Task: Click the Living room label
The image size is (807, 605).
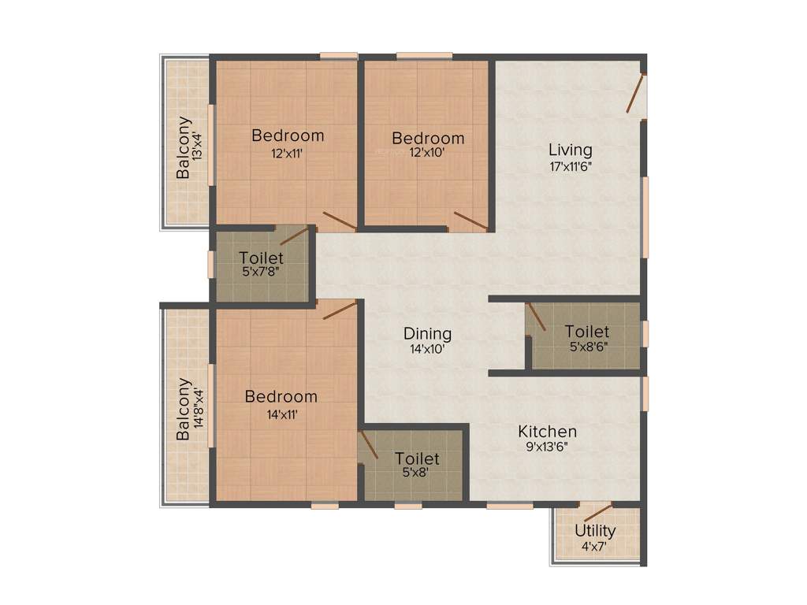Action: [570, 150]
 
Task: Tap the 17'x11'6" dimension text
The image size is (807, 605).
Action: [570, 166]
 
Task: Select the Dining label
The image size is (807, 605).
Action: [427, 333]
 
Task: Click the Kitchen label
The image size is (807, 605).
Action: [547, 432]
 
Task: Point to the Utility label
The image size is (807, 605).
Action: [595, 530]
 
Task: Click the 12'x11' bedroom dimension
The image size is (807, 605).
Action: [288, 154]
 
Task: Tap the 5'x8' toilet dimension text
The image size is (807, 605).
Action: [417, 473]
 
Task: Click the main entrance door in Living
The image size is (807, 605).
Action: [636, 93]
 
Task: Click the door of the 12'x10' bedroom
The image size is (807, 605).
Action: [470, 221]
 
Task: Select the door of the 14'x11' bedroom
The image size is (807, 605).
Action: [340, 310]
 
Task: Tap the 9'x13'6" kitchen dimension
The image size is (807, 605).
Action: [547, 447]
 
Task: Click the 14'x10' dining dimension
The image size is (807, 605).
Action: [427, 349]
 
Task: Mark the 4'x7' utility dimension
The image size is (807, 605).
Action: [595, 545]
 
